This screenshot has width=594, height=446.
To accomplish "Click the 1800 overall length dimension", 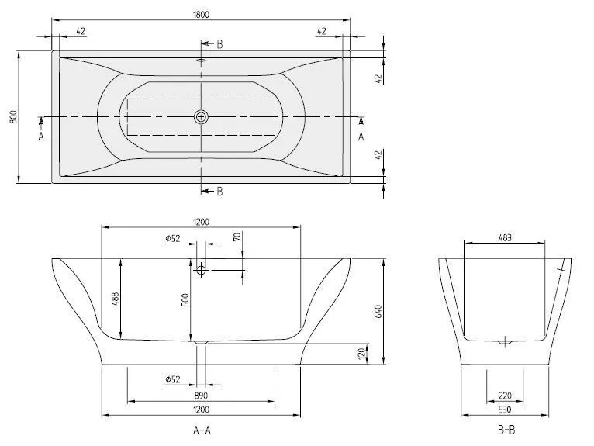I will pos(201,14).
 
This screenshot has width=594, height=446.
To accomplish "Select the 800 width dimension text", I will pos(12,116).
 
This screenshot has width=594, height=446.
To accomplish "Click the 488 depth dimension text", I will pos(115,300).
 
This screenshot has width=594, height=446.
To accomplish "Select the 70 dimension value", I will pos(238,238).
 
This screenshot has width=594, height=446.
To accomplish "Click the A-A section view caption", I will pos(201,429).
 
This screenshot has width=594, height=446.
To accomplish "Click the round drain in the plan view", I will pos(202,117).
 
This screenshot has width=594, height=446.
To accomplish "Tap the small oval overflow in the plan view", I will pos(201,57).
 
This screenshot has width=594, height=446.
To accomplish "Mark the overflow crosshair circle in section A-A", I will pos(202,270).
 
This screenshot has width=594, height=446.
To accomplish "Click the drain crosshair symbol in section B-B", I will pos(505,341).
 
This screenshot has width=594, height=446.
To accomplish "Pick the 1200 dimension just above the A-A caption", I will pos(201,409).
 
